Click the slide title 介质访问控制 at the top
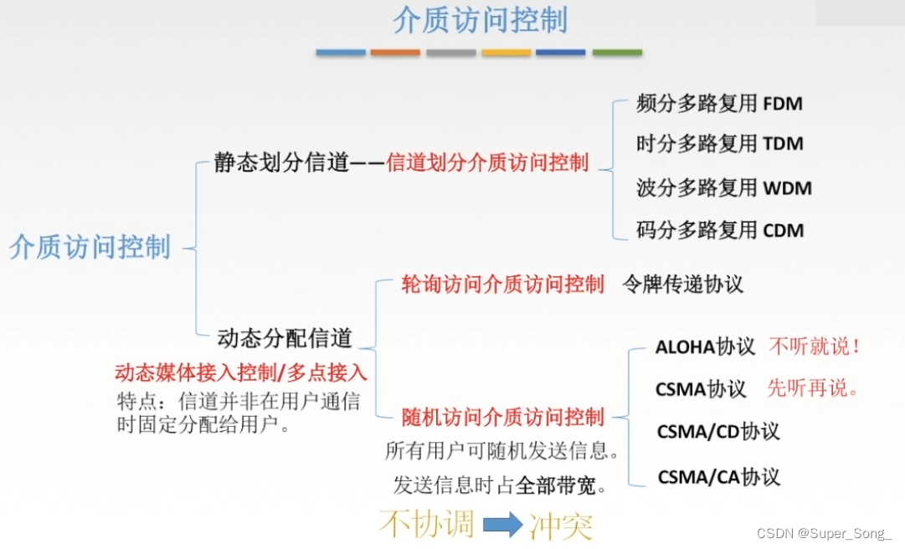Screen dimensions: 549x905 [480, 21]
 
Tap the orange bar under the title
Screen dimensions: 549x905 [395, 52]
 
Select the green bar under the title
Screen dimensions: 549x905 [617, 52]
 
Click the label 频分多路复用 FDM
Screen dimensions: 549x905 [719, 104]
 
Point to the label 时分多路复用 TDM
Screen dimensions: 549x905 [719, 144]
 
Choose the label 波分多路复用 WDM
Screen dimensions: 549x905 [723, 187]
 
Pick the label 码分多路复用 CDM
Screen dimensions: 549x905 [719, 230]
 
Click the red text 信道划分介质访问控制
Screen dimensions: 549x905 [487, 163]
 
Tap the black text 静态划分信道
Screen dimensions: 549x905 [281, 163]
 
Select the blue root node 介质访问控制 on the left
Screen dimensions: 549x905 [90, 248]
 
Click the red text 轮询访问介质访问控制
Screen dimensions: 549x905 [503, 285]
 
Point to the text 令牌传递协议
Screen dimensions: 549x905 [683, 285]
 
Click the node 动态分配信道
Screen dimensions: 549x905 [285, 338]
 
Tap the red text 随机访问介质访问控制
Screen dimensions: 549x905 [503, 417]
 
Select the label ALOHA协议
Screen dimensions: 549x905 [705, 346]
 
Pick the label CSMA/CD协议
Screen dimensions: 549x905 [718, 432]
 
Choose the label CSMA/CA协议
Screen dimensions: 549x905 [718, 477]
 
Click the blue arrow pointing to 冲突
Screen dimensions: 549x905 [502, 525]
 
